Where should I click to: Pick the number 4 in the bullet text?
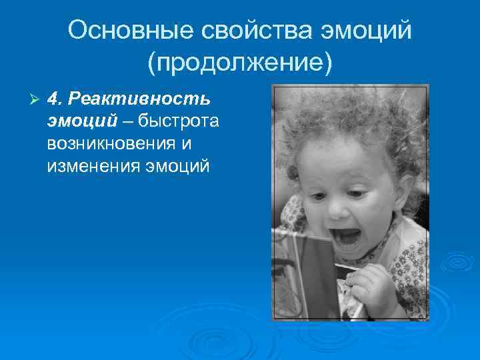(x=54, y=99)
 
